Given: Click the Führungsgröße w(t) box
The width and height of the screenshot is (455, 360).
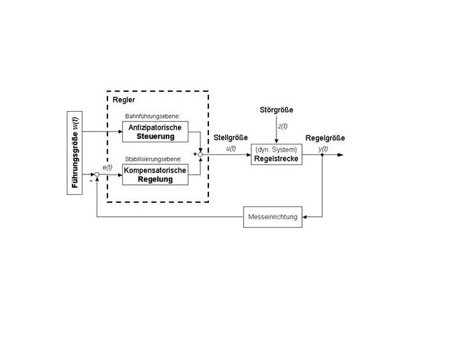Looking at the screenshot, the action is (75, 153).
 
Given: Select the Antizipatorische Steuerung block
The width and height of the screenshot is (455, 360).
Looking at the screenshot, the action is (155, 132).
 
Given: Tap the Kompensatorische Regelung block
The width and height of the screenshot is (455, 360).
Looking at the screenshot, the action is (155, 174).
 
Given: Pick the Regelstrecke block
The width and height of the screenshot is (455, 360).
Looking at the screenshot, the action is (277, 154).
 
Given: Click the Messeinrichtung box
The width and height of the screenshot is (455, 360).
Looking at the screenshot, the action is (273, 217).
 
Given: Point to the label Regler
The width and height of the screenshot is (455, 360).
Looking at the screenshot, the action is (124, 100).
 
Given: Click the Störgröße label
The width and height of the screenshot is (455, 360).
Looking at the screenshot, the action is (277, 110).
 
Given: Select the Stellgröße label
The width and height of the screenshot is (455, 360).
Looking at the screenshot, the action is (230, 137).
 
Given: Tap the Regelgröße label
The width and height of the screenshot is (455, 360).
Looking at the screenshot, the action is (326, 138).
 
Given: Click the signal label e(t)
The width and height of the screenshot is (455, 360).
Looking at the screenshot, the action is (107, 167).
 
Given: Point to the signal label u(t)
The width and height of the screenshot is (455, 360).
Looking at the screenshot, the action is (231, 149).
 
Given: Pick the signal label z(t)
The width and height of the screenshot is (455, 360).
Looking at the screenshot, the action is (283, 127).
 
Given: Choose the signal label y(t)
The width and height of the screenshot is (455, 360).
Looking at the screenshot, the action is (323, 149).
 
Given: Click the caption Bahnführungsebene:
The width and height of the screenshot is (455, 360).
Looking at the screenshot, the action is (153, 116).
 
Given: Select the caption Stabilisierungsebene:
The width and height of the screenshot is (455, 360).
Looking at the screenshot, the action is (154, 159).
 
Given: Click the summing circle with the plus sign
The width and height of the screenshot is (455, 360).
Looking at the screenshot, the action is (200, 154).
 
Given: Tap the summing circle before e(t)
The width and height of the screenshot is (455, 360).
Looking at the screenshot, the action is (97, 174).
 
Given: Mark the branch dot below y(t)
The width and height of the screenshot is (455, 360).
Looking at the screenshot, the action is (322, 154).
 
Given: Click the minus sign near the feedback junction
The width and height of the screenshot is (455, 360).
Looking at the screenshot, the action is (91, 181).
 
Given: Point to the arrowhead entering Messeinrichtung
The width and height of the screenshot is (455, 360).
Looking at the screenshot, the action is (304, 217).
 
